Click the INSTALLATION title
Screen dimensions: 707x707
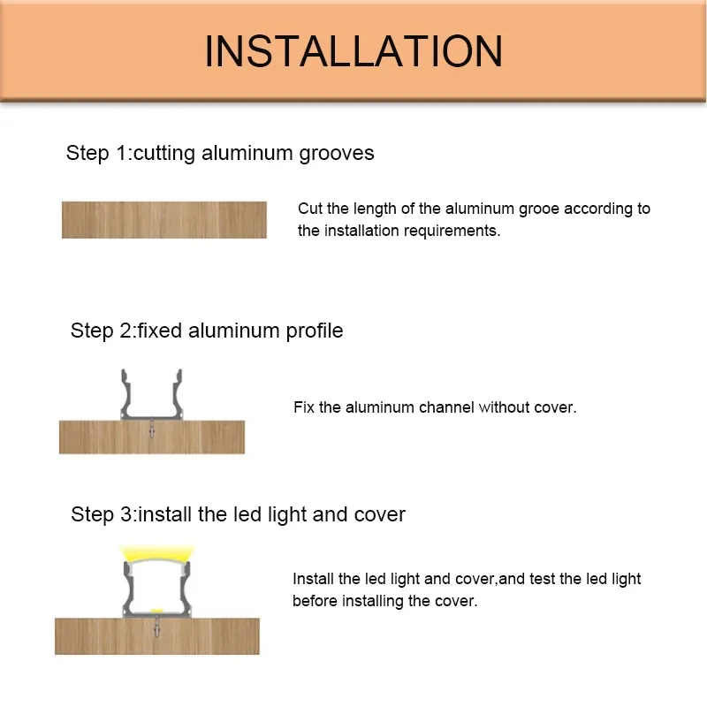[353, 51]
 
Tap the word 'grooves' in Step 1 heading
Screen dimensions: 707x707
[337, 153]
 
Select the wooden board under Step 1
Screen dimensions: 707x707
[164, 219]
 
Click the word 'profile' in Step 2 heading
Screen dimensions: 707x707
[315, 331]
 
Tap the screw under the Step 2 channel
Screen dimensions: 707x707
[152, 428]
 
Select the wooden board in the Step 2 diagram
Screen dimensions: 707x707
[152, 437]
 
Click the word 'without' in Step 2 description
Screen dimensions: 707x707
[504, 407]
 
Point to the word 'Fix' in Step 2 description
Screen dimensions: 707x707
[304, 407]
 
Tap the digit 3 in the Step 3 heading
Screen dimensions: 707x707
[125, 514]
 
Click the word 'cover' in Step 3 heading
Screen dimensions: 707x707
[380, 514]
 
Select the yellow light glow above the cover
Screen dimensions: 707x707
[157, 553]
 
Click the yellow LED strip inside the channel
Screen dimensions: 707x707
[157, 611]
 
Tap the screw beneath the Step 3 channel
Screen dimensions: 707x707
[157, 627]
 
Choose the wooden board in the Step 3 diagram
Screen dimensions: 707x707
[157, 636]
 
